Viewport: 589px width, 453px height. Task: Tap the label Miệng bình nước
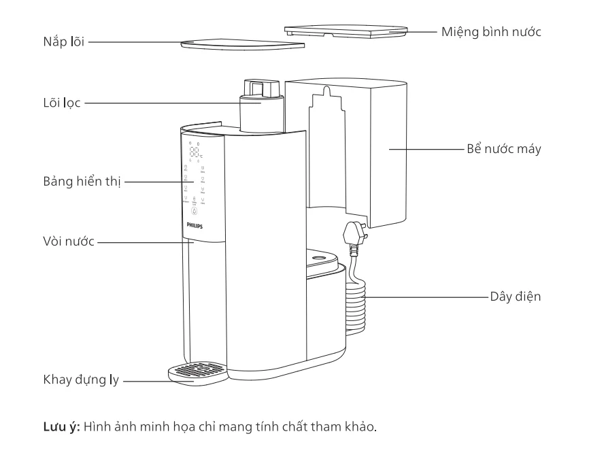pyautogui.click(x=490, y=32)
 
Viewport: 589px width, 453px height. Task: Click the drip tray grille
pyautogui.click(x=198, y=369)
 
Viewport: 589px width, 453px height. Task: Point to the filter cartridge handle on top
pyautogui.click(x=259, y=88)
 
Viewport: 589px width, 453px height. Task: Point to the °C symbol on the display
pyautogui.click(x=201, y=156)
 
